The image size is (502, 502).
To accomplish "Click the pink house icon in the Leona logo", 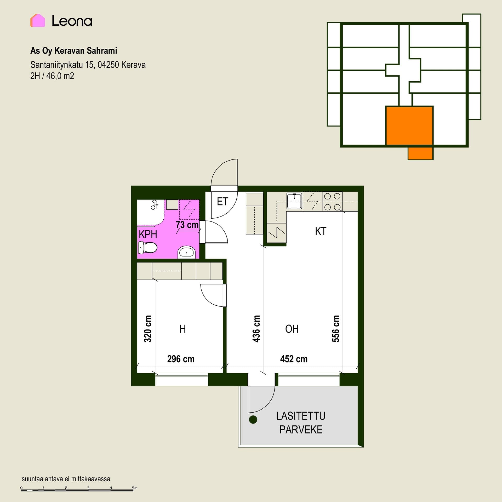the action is pos(38,20).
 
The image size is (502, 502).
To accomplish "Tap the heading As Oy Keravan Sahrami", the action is pos(74,50).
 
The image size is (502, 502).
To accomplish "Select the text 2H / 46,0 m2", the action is pos(52,76).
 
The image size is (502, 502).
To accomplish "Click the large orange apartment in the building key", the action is pos(409,125).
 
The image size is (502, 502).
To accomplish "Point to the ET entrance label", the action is pos(223,202).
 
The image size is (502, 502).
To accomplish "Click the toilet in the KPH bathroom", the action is pos(147,247).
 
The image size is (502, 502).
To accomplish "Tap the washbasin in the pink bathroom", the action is pos(186,252).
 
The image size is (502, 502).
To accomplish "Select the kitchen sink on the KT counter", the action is pos(294,201).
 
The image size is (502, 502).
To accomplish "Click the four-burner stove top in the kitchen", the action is pos(333,202).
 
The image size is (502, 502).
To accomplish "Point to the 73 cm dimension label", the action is pos(187,225).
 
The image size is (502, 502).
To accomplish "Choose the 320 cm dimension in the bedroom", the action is pos(148,329).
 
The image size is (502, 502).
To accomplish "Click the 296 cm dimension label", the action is pos(181,359).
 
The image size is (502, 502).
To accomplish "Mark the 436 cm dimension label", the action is pos(256,329).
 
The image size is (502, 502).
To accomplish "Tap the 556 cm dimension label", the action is pos(336,329).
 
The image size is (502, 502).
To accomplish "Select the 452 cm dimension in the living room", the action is pos(294,359).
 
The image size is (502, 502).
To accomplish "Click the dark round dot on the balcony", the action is pos(253,420).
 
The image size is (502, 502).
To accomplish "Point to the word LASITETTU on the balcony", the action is pos(301,416).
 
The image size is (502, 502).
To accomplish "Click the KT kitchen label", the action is pos(321,231).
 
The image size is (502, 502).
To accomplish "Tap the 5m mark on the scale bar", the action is pos(135,488).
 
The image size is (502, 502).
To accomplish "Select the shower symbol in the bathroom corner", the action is pos(155,205).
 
